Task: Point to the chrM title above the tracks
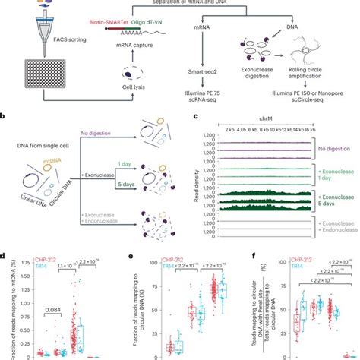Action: click(x=267, y=120)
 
